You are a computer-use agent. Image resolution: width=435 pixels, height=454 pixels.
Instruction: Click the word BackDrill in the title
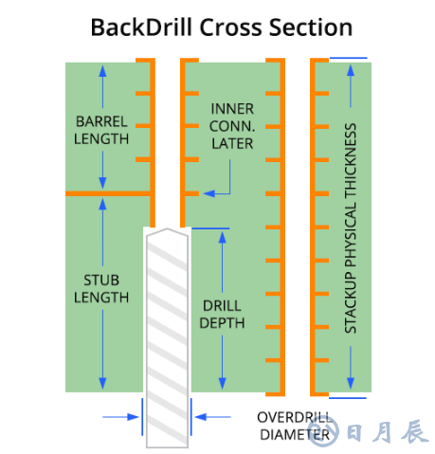click(141, 27)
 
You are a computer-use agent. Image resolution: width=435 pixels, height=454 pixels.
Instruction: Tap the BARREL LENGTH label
click(101, 130)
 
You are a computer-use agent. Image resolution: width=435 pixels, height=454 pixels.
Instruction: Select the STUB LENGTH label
click(101, 289)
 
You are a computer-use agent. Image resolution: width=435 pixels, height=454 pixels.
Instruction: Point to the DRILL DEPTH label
click(222, 315)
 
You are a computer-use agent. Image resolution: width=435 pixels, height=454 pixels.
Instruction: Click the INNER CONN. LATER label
click(232, 126)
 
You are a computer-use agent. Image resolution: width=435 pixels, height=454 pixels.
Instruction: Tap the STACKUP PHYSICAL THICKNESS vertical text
click(351, 228)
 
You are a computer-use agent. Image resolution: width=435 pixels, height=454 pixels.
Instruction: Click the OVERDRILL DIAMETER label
click(295, 427)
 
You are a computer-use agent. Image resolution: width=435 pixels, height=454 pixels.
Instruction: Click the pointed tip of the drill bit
click(167, 228)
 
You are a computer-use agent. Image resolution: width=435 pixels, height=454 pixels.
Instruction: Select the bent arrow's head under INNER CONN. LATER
click(209, 193)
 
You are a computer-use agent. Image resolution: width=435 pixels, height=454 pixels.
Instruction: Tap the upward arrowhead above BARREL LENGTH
click(102, 71)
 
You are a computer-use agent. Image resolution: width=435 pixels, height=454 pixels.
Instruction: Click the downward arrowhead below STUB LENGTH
click(102, 384)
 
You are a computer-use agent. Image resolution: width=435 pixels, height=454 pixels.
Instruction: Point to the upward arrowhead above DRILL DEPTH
click(223, 237)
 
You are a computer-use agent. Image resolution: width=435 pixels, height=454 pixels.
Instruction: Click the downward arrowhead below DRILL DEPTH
click(223, 384)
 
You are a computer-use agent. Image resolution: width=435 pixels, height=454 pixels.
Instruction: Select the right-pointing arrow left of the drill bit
click(120, 417)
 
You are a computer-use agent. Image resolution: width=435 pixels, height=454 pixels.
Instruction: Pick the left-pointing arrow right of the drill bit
click(213, 417)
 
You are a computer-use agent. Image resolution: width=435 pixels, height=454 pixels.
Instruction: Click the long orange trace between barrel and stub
click(108, 193)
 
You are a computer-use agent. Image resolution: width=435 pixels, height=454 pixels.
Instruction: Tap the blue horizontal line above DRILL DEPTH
click(210, 228)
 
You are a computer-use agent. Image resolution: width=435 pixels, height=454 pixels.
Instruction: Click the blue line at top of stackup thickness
click(348, 58)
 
